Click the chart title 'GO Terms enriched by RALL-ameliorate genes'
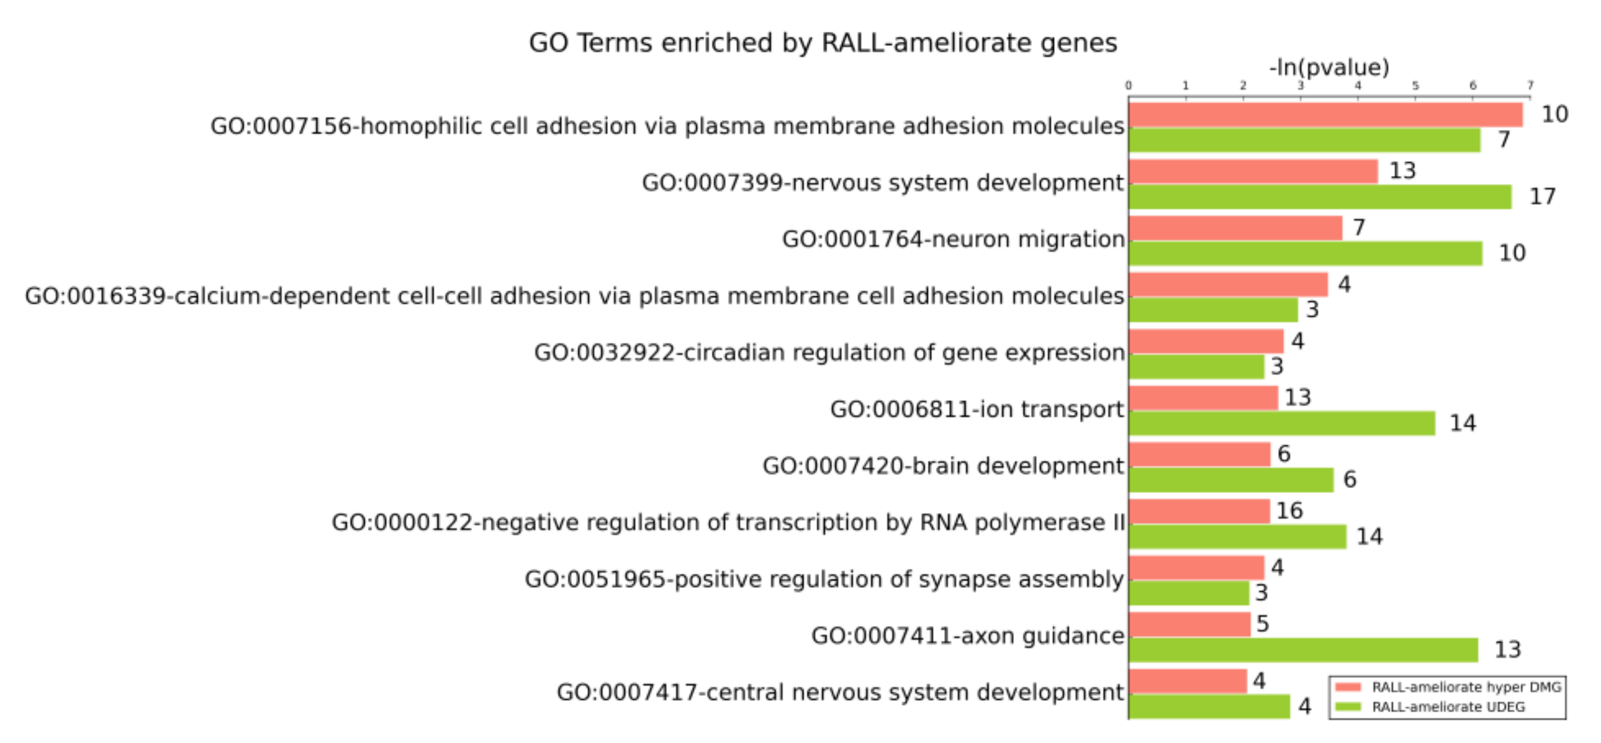(x=822, y=43)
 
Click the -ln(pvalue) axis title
(x=1329, y=67)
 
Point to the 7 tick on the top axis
(x=1530, y=85)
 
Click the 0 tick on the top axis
(x=1129, y=85)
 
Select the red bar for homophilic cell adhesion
(x=1325, y=115)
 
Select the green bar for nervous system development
(x=1320, y=197)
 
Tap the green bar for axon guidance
(x=1303, y=650)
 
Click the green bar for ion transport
(x=1281, y=423)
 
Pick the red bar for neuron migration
(x=1235, y=228)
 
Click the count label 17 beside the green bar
(x=1542, y=197)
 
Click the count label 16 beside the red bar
(x=1289, y=511)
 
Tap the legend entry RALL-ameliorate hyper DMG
(x=1466, y=687)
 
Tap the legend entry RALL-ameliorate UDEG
(x=1448, y=707)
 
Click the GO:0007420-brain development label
(x=943, y=466)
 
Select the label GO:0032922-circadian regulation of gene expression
(x=829, y=353)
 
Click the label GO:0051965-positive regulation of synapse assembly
(x=824, y=580)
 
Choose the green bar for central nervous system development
(x=1209, y=706)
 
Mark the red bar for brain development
(x=1199, y=455)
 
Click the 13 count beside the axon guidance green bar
(x=1507, y=650)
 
